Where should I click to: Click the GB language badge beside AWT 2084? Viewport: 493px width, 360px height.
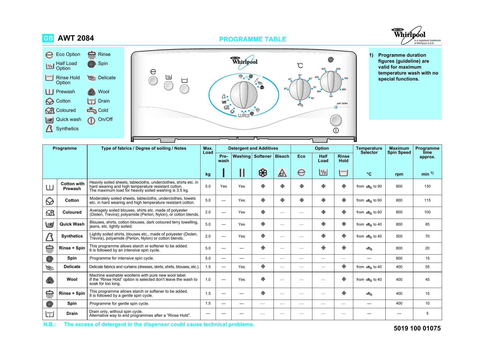[x=48, y=38]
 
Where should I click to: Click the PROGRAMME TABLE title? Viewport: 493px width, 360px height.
[x=252, y=39]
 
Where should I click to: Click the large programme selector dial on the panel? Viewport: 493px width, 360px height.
[x=244, y=95]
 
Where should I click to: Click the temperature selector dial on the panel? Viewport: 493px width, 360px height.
[x=300, y=90]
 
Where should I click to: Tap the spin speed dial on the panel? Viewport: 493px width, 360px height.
[x=331, y=82]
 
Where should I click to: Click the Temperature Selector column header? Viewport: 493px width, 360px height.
[x=369, y=150]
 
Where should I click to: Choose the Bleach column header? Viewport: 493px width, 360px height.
[x=282, y=156]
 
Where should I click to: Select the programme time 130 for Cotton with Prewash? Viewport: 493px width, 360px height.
[x=427, y=186]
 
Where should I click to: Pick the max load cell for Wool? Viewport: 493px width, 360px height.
[x=208, y=279]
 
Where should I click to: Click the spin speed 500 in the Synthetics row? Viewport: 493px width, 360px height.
[x=399, y=236]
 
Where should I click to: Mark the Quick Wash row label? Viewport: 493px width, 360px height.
[x=72, y=224]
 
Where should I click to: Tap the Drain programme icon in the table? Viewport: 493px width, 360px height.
[x=50, y=314]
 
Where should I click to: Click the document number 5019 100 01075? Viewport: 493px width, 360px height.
[x=417, y=328]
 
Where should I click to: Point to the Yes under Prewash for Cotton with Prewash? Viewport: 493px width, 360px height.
[x=223, y=186]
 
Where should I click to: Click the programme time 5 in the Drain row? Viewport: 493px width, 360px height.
[x=427, y=313]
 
